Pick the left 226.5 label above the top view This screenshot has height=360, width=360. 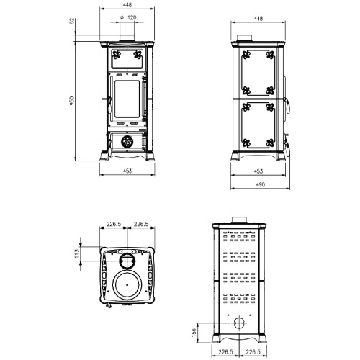pos(112,225)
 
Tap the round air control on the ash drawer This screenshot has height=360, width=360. pos(127,141)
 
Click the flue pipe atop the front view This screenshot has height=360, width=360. pos(127,37)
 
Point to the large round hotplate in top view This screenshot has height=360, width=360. pos(128,284)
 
